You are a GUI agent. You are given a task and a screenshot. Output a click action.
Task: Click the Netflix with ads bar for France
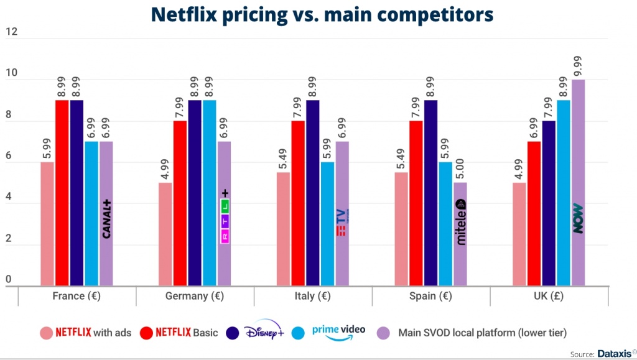tap(47, 224)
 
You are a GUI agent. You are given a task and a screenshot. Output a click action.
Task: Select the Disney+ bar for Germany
tap(195, 193)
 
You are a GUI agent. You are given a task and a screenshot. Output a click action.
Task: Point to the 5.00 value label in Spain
tap(461, 168)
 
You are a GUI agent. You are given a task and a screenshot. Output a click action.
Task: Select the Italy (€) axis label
tap(314, 296)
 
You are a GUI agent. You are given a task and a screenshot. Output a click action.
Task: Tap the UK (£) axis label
tap(549, 296)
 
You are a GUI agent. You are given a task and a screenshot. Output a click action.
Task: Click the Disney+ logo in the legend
tap(264, 332)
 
